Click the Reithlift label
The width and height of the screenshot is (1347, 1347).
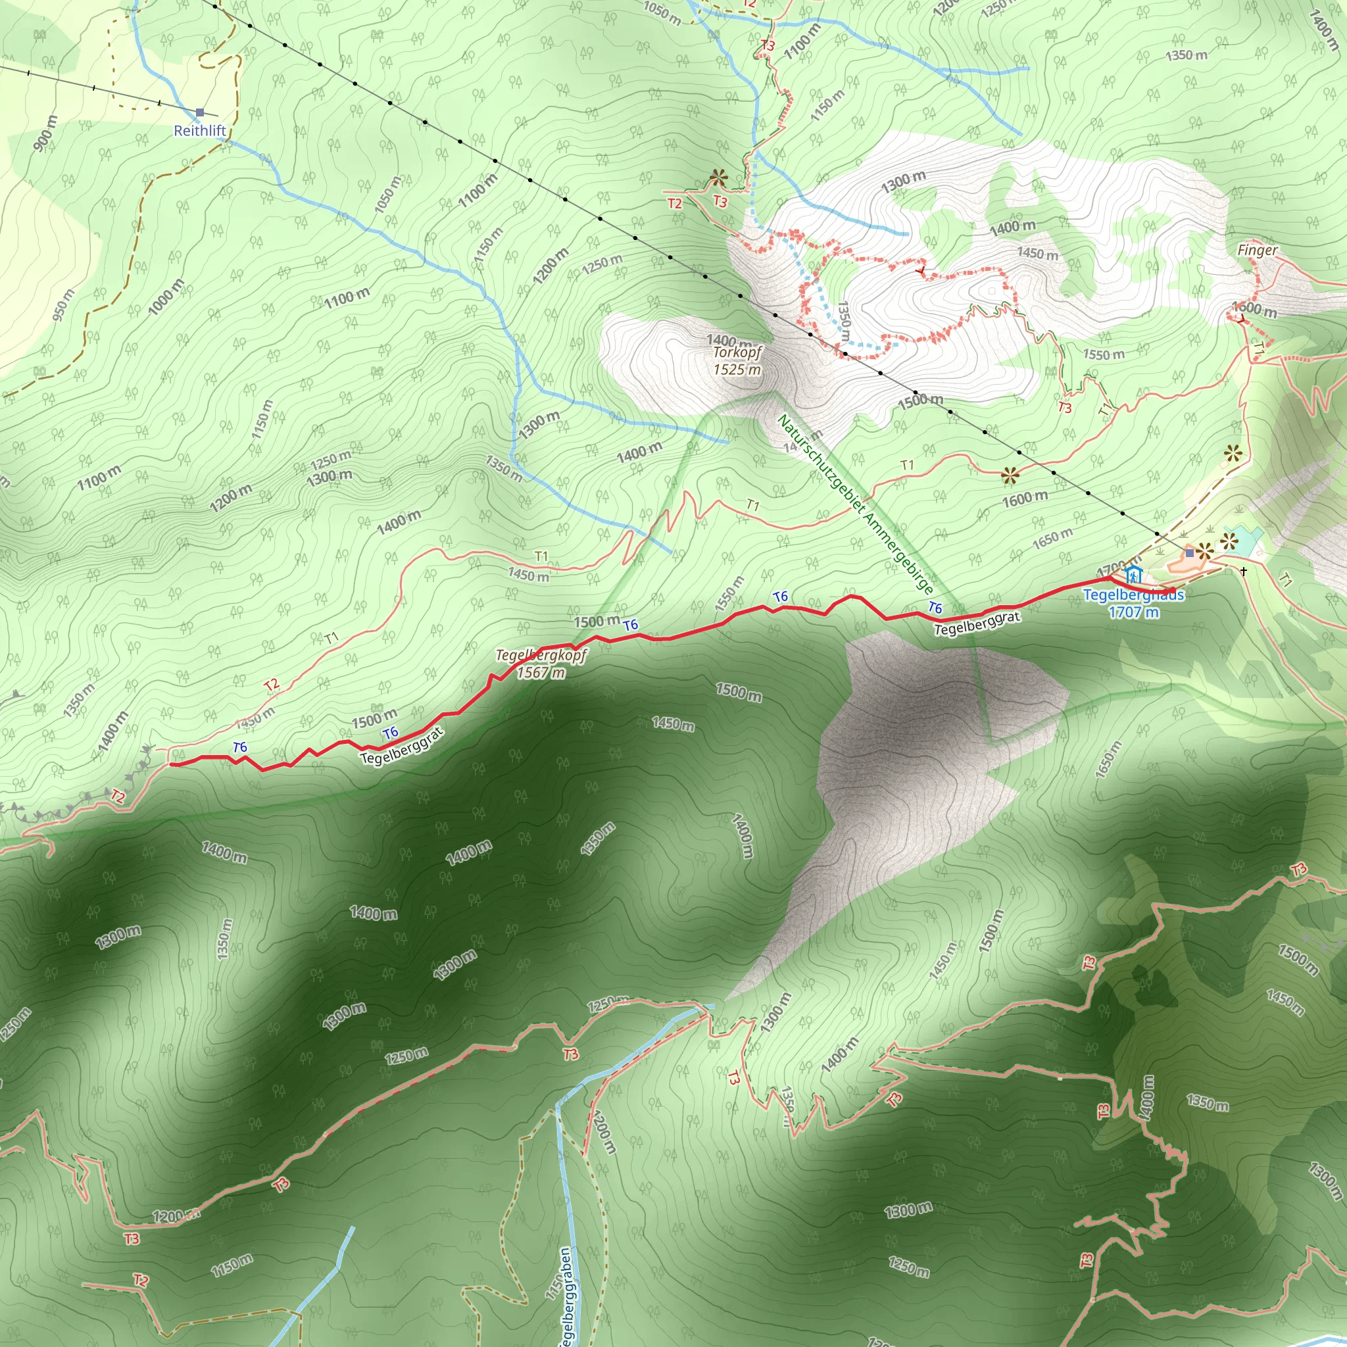199,130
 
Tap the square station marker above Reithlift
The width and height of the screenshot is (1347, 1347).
200,112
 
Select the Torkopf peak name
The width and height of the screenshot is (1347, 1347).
737,352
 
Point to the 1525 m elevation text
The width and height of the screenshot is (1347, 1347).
737,370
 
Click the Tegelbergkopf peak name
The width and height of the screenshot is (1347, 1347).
541,655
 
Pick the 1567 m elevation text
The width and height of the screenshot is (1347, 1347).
541,673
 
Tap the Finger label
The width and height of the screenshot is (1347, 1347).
1257,249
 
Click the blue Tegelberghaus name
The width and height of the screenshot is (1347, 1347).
1133,595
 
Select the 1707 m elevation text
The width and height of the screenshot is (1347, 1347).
1134,612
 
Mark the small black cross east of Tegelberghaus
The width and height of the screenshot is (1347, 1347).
1243,572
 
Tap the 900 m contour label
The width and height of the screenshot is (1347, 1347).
45,133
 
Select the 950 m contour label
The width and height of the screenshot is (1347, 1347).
62,305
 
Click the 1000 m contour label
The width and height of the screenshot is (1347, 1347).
166,295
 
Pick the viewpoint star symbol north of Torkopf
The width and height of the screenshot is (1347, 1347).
718,178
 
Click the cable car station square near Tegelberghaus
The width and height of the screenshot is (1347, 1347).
1189,553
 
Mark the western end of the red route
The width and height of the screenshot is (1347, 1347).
172,765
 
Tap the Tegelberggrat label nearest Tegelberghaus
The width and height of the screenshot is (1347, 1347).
977,624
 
